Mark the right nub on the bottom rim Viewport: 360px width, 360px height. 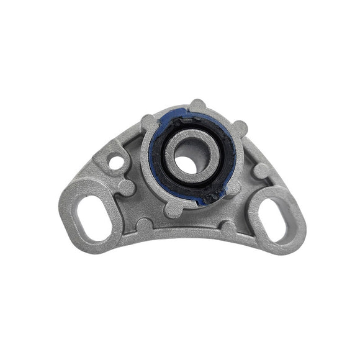tap(229, 228)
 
